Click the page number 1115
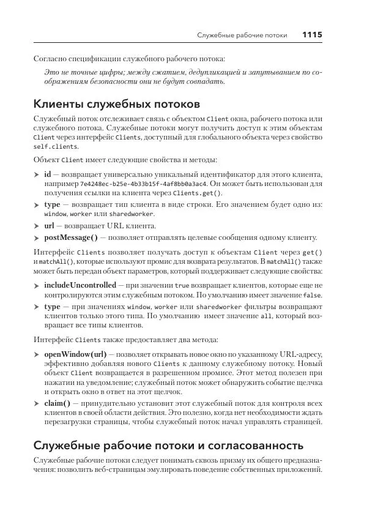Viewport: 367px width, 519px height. pos(312,35)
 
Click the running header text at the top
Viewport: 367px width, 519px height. pos(242,35)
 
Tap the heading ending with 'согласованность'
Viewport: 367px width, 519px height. pos(168,445)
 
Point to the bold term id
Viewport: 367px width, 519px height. pos(48,174)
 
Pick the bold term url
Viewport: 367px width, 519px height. pos(50,226)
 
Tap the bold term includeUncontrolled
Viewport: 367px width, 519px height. pos(80,285)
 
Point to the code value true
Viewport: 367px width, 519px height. pos(182,285)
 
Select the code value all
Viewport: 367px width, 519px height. pos(266,317)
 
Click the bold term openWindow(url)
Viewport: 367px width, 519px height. pos(75,354)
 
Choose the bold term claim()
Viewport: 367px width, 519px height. pos(57,403)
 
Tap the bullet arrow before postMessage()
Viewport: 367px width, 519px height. pos(36,238)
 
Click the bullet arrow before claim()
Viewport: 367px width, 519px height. pos(36,404)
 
